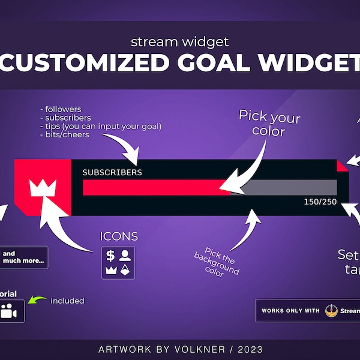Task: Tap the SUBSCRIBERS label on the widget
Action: click(x=112, y=172)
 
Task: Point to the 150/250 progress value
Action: click(x=320, y=202)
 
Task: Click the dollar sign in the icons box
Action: click(x=110, y=256)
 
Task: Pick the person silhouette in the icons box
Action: click(x=125, y=256)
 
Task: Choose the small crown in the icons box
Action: click(x=110, y=270)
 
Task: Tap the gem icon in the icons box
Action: click(x=125, y=270)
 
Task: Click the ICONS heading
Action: click(x=119, y=236)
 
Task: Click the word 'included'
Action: click(x=67, y=301)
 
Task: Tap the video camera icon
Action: click(x=8, y=311)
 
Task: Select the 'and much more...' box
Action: click(x=23, y=257)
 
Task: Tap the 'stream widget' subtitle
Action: click(x=179, y=43)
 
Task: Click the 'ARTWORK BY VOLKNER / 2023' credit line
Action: click(x=180, y=349)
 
